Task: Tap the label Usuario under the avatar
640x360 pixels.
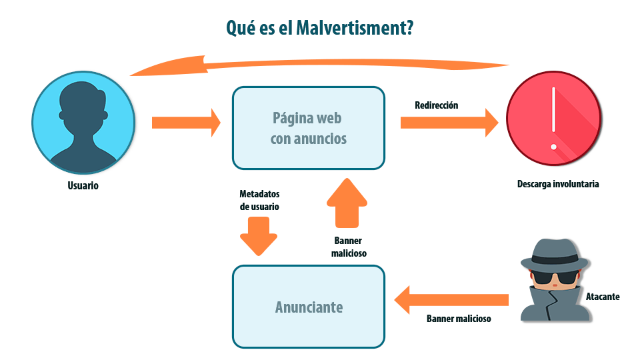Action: (x=83, y=186)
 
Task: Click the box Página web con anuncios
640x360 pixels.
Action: (x=308, y=128)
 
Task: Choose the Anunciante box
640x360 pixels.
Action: (x=308, y=307)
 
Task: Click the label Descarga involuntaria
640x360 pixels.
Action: (x=558, y=184)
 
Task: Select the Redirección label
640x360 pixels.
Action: (x=437, y=105)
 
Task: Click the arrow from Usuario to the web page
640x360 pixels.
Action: (x=186, y=123)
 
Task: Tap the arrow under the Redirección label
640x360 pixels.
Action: (x=449, y=123)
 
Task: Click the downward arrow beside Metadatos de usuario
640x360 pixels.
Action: (x=258, y=235)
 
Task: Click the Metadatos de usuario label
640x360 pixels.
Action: (x=259, y=200)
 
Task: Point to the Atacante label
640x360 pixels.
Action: (x=603, y=297)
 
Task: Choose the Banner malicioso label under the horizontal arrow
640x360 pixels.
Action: (x=459, y=319)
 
